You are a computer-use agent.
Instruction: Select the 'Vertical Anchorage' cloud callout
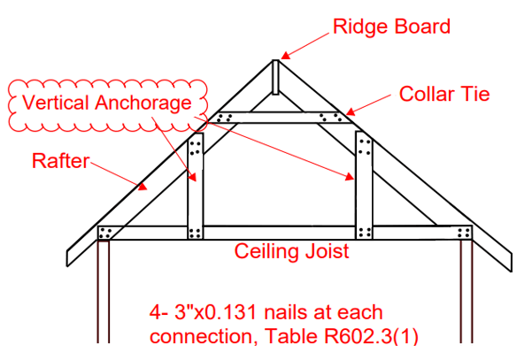(x=107, y=103)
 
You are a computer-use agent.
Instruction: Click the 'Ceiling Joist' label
(x=291, y=251)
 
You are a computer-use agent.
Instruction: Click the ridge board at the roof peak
(x=275, y=77)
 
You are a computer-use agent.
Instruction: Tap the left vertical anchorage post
(x=197, y=186)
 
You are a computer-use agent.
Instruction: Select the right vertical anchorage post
(x=362, y=186)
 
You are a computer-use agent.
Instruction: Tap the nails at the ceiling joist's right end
(x=462, y=233)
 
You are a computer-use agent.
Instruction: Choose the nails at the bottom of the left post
(x=197, y=233)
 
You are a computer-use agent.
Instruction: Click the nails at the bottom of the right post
(x=362, y=233)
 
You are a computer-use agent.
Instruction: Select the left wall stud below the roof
(x=104, y=292)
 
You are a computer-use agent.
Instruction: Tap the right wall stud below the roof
(x=466, y=292)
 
